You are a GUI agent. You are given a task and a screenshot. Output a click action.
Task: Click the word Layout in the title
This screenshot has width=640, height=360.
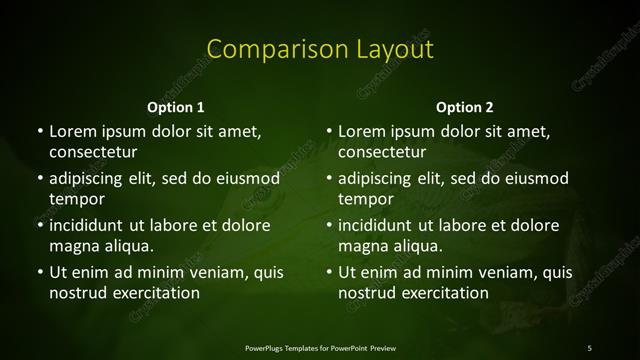click(385, 49)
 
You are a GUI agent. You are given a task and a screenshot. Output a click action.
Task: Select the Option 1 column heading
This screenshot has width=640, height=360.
click(176, 107)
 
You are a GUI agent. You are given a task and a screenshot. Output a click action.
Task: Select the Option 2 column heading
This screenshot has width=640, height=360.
click(465, 107)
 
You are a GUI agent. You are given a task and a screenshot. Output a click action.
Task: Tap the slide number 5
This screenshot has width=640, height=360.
click(590, 347)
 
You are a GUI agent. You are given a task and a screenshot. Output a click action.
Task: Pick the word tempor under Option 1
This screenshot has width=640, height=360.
click(77, 199)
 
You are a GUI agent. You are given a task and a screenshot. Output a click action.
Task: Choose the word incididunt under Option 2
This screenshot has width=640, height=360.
click(377, 226)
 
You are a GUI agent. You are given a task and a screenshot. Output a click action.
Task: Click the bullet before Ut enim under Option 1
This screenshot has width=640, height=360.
click(38, 273)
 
